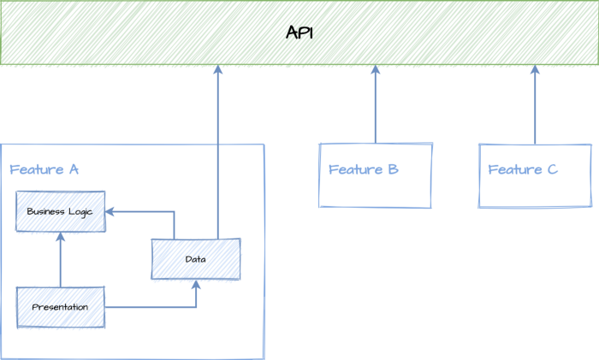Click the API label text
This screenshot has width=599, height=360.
tap(299, 33)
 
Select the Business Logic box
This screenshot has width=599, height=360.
tap(60, 211)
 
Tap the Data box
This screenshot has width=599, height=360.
tap(196, 258)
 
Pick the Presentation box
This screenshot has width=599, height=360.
tap(60, 307)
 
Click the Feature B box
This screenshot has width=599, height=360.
tap(376, 175)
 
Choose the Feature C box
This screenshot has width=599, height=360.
tap(535, 175)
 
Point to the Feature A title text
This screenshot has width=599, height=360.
tap(44, 169)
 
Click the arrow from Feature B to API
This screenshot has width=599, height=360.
tap(376, 107)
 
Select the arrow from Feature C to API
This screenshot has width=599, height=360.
tap(535, 107)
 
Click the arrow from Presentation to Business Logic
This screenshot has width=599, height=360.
tap(60, 261)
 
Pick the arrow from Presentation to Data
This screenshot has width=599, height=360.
tap(154, 307)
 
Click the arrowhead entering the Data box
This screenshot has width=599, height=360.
tap(196, 285)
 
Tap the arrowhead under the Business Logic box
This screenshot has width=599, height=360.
tap(60, 237)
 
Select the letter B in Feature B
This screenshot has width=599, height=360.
tap(393, 169)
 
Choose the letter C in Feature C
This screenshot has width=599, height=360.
tap(552, 169)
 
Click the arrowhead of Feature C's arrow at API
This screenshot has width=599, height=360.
tap(535, 70)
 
